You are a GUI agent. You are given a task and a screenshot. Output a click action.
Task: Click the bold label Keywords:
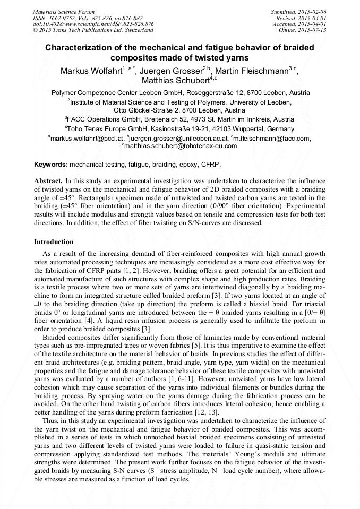(x=50, y=165)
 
